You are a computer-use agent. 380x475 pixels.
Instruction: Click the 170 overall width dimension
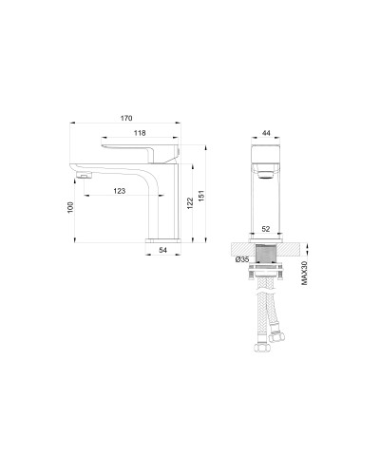click(x=125, y=119)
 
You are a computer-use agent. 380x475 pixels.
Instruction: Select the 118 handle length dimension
click(x=138, y=135)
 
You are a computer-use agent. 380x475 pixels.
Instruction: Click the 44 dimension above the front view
click(x=266, y=134)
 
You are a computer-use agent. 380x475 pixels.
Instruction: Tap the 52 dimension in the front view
click(x=267, y=230)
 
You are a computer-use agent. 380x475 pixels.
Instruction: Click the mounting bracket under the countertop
click(x=267, y=276)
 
